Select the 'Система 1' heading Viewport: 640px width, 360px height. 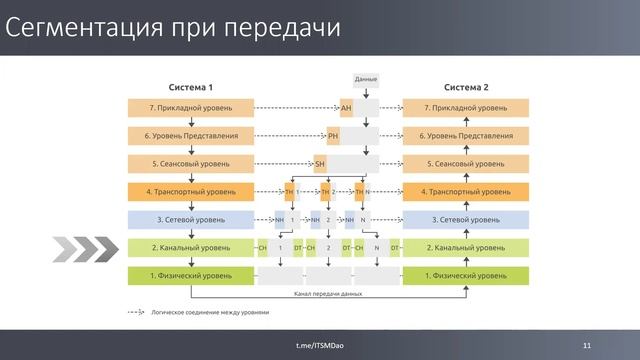(190, 87)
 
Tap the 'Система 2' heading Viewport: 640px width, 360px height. (466, 87)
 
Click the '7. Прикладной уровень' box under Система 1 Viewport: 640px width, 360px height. (190, 107)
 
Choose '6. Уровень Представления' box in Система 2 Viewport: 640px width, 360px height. (466, 135)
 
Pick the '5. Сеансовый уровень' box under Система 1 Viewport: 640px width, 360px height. (190, 163)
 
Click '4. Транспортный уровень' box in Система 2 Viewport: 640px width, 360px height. (466, 191)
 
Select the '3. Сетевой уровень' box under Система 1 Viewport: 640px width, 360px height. (190, 219)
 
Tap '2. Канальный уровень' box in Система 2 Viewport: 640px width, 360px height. (466, 247)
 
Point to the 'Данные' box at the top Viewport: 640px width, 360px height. (366, 78)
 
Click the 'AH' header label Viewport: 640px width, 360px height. (346, 107)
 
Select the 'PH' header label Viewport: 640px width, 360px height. (333, 135)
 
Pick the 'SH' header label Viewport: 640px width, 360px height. (320, 163)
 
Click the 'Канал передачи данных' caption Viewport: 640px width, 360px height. (329, 295)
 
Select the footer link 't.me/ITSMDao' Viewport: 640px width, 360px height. (320, 345)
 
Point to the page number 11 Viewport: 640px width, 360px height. (587, 345)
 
